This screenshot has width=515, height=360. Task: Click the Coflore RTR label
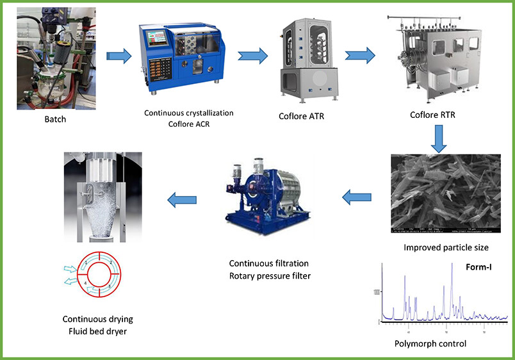pyautogui.click(x=437, y=116)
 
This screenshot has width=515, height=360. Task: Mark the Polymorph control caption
pyautogui.click(x=430, y=343)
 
